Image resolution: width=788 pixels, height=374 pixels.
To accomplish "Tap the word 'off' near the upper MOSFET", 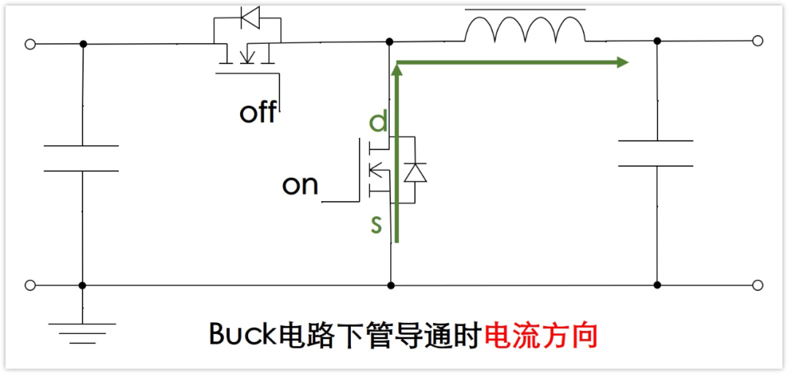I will tap(258, 112).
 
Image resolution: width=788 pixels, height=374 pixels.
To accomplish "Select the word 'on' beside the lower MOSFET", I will tap(300, 185).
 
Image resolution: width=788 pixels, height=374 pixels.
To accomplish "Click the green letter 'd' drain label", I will tap(377, 122).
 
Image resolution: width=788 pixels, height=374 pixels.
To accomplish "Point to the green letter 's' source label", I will tap(376, 225).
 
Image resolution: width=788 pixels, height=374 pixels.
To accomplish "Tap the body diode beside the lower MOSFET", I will tap(415, 172).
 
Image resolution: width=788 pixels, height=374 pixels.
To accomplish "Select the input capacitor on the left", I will tap(82, 158).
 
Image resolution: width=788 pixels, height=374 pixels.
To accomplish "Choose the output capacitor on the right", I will tap(656, 153).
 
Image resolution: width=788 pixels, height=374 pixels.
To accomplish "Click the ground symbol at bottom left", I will tap(82, 332).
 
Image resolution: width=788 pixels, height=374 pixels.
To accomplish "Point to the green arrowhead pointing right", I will tap(622, 63).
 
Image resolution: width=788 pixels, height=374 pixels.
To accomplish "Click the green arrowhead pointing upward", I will tap(397, 70).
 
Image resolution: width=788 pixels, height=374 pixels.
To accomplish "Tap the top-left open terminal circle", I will tap(30, 44).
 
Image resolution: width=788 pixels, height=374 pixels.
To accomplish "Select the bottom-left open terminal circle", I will tap(30, 285).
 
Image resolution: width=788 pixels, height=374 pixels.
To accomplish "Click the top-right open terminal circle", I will tap(758, 41).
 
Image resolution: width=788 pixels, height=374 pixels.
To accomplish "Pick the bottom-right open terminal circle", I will tap(758, 285).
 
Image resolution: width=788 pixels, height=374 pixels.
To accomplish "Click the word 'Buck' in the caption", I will tap(236, 335).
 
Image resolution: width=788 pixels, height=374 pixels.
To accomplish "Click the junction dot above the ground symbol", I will tap(82, 285).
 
